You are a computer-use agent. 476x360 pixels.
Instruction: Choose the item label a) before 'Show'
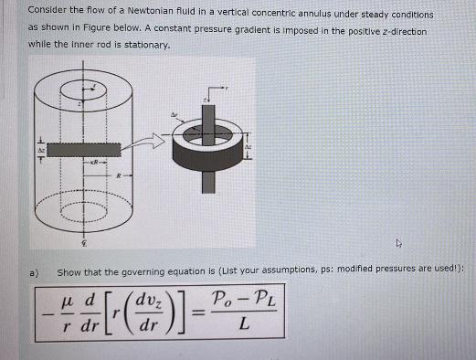click(32, 272)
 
